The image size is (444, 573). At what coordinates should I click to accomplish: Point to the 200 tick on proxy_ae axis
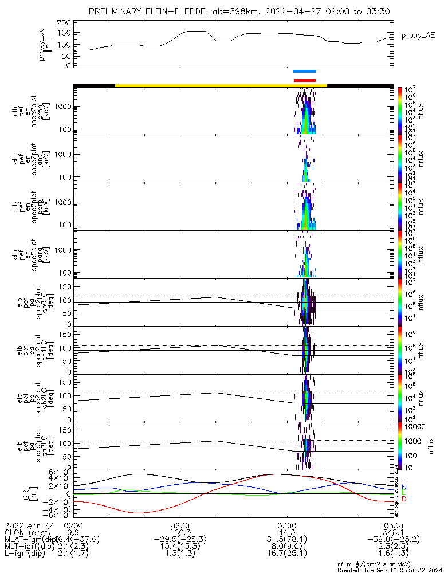click(64, 22)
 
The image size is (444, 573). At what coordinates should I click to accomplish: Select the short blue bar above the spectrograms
click(304, 72)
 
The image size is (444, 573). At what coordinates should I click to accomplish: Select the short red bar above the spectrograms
click(304, 80)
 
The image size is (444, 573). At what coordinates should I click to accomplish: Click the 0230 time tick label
click(180, 525)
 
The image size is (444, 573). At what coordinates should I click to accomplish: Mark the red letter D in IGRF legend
click(403, 499)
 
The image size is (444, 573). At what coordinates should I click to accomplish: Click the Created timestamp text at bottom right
click(389, 570)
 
